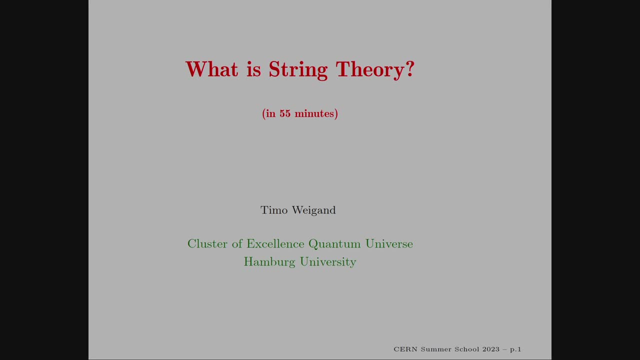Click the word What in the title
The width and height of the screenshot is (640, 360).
click(x=211, y=69)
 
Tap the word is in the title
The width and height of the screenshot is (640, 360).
click(x=253, y=69)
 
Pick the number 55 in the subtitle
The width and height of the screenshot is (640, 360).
click(x=285, y=113)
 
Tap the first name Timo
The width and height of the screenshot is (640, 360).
click(x=274, y=210)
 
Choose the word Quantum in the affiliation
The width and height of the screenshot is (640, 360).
click(x=334, y=244)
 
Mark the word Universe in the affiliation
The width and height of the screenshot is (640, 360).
click(x=389, y=244)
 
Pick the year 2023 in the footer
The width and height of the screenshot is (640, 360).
click(x=491, y=349)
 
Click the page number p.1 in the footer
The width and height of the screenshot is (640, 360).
click(x=515, y=349)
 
